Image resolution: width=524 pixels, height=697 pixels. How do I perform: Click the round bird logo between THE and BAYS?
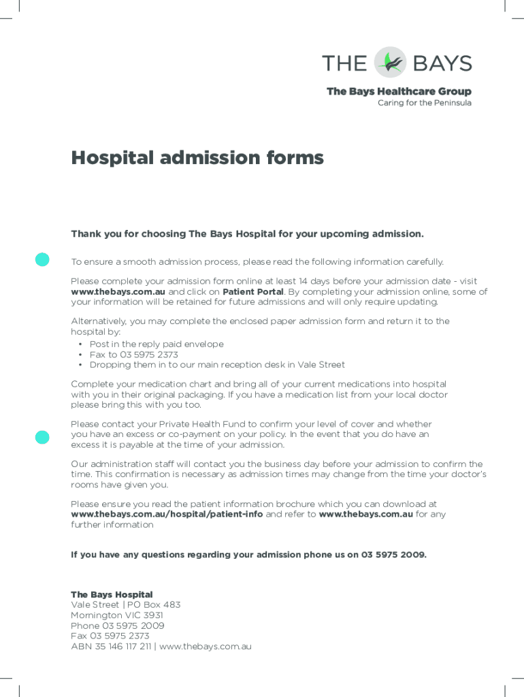click(x=391, y=63)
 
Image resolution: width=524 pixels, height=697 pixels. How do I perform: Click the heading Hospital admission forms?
click(x=197, y=158)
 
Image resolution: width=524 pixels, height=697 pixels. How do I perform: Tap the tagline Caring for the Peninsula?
click(x=424, y=103)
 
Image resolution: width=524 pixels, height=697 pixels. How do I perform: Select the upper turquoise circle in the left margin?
click(x=42, y=259)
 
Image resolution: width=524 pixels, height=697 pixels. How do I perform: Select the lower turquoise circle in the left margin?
click(x=42, y=437)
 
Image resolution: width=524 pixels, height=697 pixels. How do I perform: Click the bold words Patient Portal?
click(x=253, y=292)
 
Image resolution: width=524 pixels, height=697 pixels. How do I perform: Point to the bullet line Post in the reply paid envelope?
click(x=157, y=344)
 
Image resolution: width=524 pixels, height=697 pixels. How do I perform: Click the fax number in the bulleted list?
click(x=149, y=355)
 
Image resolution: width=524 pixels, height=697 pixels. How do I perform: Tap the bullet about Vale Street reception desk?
click(x=217, y=365)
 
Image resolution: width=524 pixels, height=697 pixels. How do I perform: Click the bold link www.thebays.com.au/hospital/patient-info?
click(x=167, y=515)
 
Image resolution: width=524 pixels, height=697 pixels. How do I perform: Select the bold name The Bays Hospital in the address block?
click(x=112, y=595)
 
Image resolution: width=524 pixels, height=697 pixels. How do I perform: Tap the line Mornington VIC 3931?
click(x=117, y=615)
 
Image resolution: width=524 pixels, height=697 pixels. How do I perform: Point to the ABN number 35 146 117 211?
click(x=121, y=647)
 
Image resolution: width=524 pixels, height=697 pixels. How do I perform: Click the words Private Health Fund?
click(x=187, y=424)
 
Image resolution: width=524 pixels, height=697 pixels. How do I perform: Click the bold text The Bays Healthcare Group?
click(x=399, y=91)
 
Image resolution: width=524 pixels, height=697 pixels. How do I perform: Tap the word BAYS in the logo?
click(x=442, y=63)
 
